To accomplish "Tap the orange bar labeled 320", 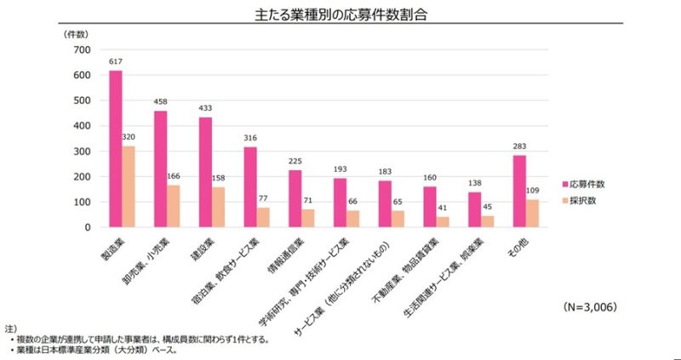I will [129, 186].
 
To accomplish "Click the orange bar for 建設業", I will [219, 207].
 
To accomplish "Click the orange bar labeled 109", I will [532, 214].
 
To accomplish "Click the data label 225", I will [295, 162].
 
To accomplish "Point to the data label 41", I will [443, 209].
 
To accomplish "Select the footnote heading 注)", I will [10, 328].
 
